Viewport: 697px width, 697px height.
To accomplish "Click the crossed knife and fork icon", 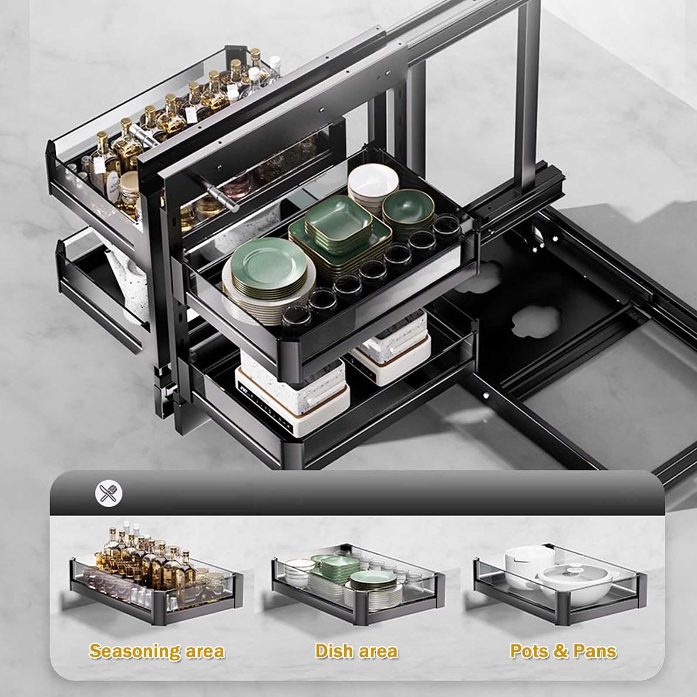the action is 109,493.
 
